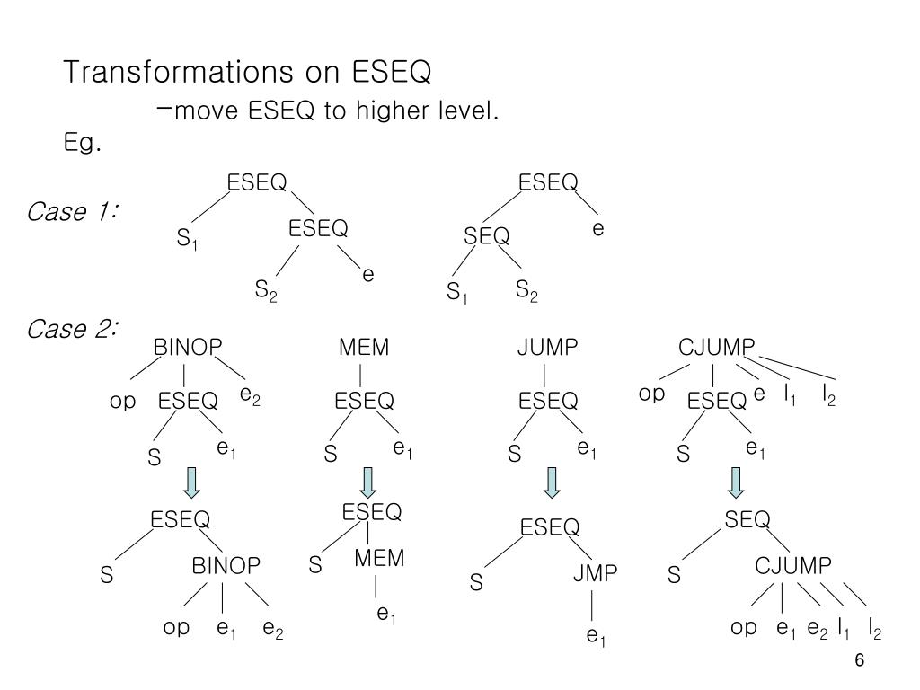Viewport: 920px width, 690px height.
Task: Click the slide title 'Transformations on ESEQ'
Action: pos(248,72)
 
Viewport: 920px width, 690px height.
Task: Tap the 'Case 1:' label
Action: pos(74,213)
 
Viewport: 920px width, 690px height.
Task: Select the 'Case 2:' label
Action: pos(74,330)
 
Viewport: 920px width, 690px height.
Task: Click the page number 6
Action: pos(859,660)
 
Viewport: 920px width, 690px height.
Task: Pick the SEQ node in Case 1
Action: pos(487,236)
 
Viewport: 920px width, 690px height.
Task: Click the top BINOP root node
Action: pos(187,348)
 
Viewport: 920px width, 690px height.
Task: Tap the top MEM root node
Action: pos(363,348)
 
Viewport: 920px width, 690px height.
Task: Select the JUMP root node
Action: pos(546,348)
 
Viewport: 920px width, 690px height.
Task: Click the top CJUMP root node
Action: pos(716,348)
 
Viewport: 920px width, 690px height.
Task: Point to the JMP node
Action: pos(596,573)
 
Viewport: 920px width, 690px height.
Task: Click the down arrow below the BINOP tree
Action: pos(190,482)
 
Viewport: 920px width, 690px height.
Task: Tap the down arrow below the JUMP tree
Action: pos(553,482)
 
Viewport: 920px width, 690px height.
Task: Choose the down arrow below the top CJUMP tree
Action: pos(736,482)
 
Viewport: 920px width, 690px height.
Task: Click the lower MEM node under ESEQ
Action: pos(379,558)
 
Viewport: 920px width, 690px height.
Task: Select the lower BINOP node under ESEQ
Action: pos(226,566)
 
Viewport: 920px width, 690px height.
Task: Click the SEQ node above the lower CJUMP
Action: pos(747,519)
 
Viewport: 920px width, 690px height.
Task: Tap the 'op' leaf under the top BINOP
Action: pos(122,402)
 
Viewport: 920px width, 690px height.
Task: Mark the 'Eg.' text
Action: pos(81,143)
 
